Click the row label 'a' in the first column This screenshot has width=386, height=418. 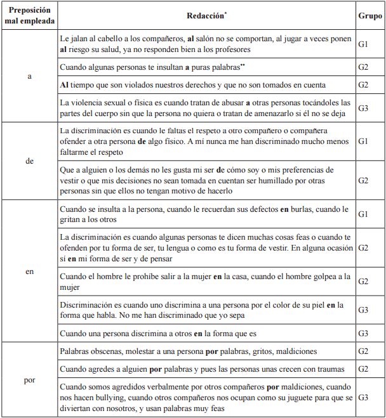coord(29,76)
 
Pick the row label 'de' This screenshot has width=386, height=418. coord(29,161)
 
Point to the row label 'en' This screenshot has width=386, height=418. coord(29,271)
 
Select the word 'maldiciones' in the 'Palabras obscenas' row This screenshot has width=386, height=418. coord(288,351)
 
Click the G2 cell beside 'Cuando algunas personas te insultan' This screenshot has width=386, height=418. coord(364,67)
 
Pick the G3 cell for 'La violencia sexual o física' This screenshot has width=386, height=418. coord(364,108)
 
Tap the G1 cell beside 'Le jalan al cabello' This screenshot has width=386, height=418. coord(364,44)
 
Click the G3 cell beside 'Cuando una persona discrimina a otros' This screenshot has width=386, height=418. coord(364,333)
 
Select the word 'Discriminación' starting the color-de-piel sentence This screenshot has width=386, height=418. coord(85,305)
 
